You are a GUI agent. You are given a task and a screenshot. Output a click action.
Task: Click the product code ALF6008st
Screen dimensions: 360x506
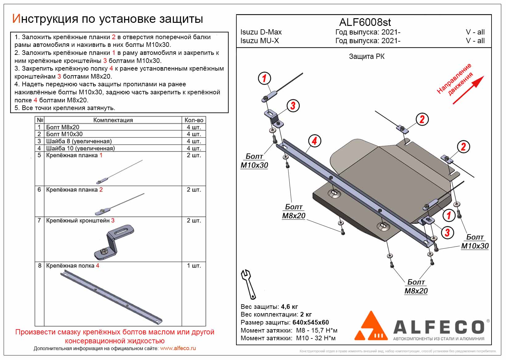tap(365, 22)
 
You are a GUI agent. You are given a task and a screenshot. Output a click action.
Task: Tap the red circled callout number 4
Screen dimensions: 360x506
tap(314, 141)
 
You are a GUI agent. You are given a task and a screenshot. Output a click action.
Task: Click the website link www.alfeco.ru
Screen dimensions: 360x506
tap(178, 349)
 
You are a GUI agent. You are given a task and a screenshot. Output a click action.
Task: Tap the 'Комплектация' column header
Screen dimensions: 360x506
tap(113, 120)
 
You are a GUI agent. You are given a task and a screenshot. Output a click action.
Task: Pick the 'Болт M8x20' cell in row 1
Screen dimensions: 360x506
tap(63, 127)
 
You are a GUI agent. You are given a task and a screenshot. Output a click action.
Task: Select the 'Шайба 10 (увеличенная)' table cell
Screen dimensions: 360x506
tap(80, 148)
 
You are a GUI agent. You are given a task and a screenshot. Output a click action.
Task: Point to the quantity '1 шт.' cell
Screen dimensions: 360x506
tap(194, 266)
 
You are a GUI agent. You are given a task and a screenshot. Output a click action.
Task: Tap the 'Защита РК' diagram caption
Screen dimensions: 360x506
tap(366, 56)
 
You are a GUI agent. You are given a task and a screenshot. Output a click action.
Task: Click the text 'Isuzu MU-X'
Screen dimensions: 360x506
tap(259, 41)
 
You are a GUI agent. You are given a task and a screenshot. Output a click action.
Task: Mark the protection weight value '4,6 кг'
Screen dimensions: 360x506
tap(289, 307)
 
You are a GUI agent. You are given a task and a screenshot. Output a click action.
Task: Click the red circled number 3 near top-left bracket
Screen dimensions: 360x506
tap(293, 106)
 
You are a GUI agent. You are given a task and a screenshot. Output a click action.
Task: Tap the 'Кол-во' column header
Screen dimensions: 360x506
tap(194, 120)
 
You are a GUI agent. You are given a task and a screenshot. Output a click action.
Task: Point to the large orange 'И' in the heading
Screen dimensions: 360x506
tap(16, 19)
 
